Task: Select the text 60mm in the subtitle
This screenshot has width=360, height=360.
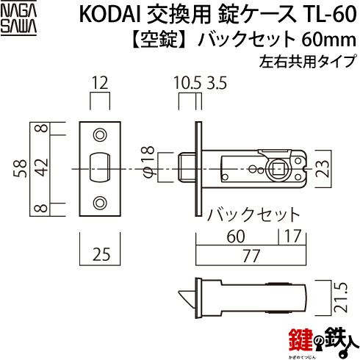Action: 328,40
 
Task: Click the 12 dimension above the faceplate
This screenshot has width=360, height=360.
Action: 100,83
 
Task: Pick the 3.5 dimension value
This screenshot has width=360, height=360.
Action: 217,83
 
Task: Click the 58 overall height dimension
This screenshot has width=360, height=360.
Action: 21,168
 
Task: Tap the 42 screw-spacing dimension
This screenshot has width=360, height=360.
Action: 43,168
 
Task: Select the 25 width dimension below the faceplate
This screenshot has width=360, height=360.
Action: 101,254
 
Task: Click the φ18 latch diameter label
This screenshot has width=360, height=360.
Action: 148,161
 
